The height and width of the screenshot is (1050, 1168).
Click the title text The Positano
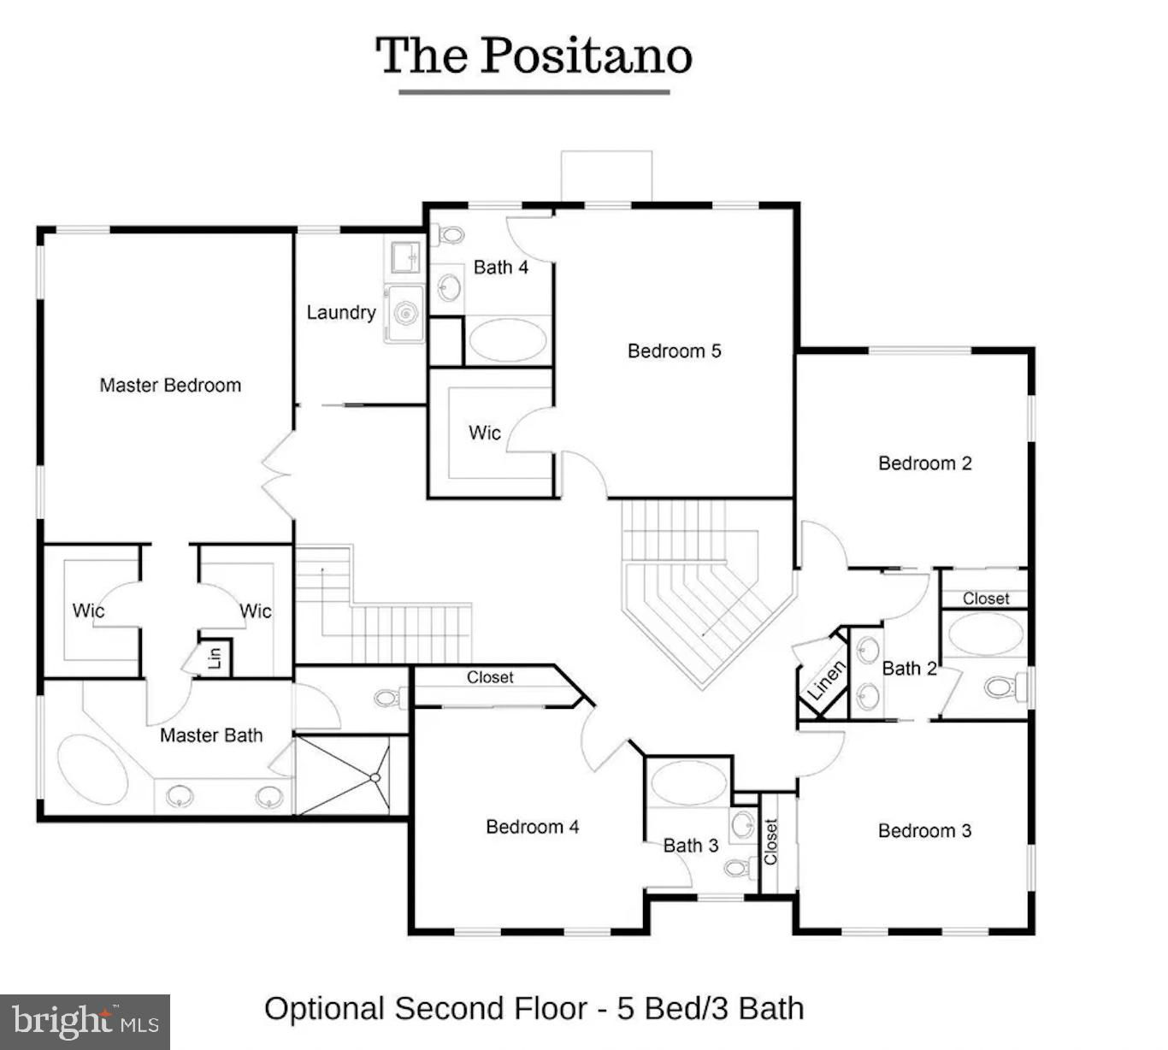[x=534, y=56]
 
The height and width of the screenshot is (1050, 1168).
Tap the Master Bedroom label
[x=170, y=385]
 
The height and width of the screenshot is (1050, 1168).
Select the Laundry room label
[x=341, y=313]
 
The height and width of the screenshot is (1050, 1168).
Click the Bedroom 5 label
[x=675, y=351]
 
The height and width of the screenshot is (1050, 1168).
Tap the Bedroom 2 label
[x=925, y=463]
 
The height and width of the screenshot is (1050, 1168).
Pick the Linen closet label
[x=826, y=680]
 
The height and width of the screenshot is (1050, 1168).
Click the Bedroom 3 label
[x=924, y=830]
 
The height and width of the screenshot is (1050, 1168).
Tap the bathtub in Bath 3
[x=689, y=783]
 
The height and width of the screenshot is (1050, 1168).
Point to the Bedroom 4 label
[x=533, y=826]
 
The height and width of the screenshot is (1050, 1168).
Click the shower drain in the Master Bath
[x=375, y=777]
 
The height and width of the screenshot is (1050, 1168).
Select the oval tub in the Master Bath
[x=93, y=770]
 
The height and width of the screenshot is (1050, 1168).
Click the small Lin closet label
[x=215, y=658]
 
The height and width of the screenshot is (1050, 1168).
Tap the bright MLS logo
[x=85, y=1022]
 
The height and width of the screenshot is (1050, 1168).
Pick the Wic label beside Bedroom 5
[x=485, y=433]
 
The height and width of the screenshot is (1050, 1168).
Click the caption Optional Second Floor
[x=426, y=1009]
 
